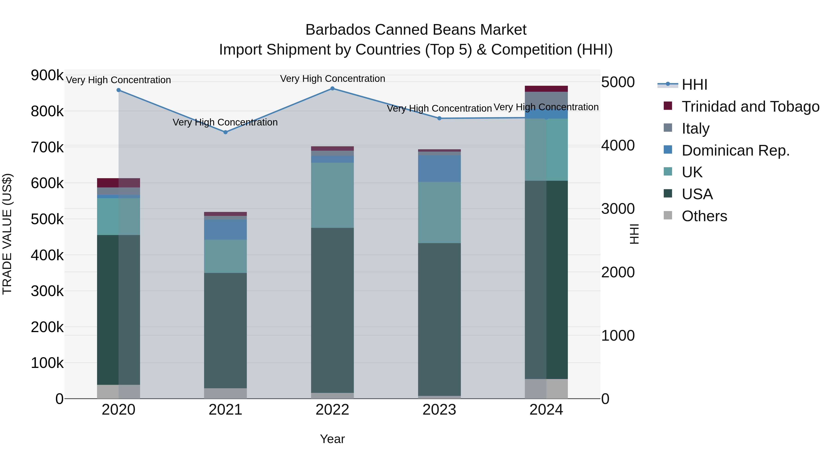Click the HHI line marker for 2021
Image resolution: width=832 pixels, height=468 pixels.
pos(225,132)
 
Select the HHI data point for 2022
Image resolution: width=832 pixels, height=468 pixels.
pos(332,89)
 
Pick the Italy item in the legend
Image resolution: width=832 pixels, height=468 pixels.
pos(695,128)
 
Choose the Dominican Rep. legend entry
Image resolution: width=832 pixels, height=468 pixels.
pos(735,150)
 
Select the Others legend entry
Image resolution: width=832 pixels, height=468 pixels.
pos(704,216)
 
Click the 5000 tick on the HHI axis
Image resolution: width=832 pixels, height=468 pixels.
pos(618,82)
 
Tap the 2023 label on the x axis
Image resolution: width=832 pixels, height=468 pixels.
pos(439,410)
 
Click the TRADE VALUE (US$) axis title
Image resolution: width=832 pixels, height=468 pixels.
pos(7,234)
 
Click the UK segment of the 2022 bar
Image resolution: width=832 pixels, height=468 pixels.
pos(332,195)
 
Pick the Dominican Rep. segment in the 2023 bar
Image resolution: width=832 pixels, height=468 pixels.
pos(439,169)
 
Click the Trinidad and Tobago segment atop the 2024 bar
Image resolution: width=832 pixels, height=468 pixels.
pos(546,89)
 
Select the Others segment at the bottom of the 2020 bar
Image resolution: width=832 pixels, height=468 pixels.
pos(119,392)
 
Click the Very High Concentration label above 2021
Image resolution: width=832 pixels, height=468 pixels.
pos(225,122)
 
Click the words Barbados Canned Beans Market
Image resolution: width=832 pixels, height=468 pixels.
pos(416,30)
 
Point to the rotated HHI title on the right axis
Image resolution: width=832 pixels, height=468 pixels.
pos(634,234)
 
